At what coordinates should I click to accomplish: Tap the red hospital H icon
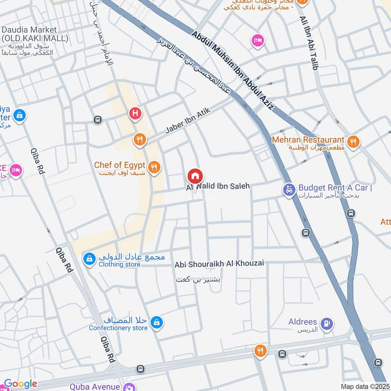(135, 114)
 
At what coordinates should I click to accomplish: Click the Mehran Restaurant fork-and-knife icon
(354, 142)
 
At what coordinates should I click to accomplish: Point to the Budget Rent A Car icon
(289, 189)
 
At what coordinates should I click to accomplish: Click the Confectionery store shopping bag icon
(156, 322)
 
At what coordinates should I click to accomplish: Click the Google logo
(21, 384)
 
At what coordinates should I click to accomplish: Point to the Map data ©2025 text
(364, 387)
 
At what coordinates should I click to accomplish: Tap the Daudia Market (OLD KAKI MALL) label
(29, 34)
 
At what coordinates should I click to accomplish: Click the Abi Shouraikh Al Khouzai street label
(219, 264)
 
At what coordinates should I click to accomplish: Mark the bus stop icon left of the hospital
(98, 119)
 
